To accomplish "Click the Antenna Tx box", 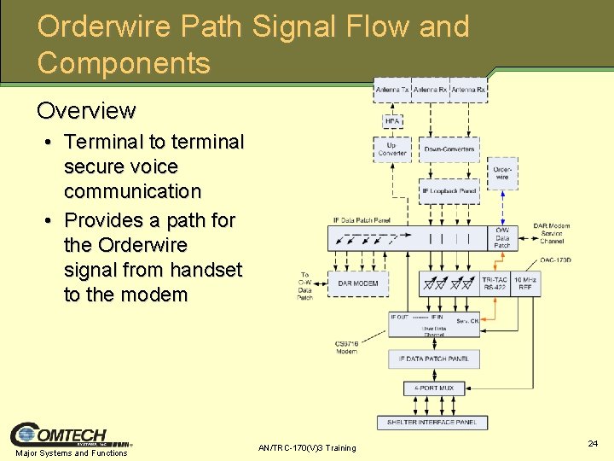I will (x=392, y=90).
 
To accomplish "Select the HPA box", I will (x=392, y=121).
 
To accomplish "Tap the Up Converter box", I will (x=392, y=149).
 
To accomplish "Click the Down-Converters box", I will (x=449, y=149).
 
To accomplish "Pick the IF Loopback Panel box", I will (x=449, y=191).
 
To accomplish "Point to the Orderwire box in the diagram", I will (x=503, y=174).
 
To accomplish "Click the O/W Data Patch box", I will (x=502, y=238).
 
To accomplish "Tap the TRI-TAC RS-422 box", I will (x=495, y=283).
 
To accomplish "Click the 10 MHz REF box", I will (x=525, y=283).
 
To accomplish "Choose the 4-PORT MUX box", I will (x=435, y=388).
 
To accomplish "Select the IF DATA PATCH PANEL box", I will (x=434, y=359).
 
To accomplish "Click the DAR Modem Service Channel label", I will (x=552, y=233).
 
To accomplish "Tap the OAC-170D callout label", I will (x=555, y=260).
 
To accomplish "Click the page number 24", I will (x=593, y=444).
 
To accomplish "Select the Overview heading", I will (x=86, y=111).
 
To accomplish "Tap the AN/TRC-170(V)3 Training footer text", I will (x=307, y=448).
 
